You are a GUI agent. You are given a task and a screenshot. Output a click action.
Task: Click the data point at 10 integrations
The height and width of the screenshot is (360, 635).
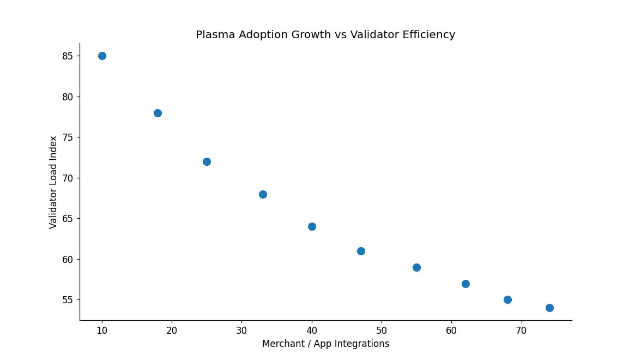click(102, 56)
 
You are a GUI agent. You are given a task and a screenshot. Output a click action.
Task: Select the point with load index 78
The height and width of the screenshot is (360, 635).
click(158, 113)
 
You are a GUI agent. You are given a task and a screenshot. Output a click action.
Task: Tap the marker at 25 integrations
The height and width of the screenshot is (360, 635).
click(207, 161)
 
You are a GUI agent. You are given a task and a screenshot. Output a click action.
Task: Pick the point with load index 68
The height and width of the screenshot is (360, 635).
click(263, 194)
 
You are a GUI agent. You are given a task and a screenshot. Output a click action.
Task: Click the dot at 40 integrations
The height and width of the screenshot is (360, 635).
click(312, 226)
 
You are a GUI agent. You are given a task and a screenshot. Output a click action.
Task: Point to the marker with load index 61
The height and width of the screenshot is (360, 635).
click(361, 251)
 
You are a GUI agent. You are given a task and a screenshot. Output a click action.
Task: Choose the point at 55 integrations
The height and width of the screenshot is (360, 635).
click(416, 267)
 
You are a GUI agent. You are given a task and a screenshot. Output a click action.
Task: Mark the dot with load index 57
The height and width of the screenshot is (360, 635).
click(465, 284)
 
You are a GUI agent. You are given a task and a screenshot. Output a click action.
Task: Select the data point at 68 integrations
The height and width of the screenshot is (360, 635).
click(507, 299)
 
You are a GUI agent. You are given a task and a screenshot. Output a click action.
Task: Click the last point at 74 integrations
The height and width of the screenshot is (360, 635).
click(549, 308)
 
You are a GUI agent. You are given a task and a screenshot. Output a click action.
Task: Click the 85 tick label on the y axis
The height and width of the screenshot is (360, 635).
click(68, 56)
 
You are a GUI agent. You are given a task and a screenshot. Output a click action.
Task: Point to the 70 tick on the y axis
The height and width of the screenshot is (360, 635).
click(68, 178)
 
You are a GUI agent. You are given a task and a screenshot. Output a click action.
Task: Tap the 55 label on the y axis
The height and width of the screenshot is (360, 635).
click(68, 300)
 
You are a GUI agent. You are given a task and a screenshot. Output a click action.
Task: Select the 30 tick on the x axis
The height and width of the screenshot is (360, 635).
click(241, 331)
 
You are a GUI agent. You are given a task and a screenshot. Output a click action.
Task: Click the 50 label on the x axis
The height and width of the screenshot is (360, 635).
click(382, 331)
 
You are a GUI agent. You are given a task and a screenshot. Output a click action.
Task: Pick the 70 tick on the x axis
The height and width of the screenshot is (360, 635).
click(521, 331)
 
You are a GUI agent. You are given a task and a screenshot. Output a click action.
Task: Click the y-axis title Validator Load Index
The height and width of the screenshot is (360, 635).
click(53, 182)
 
